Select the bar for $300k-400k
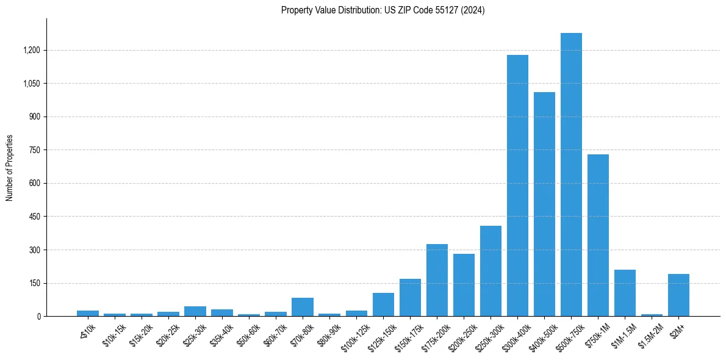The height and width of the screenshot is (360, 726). coord(517,185)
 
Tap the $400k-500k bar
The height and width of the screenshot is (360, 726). coord(544,204)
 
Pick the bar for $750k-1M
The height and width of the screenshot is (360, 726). coord(598,235)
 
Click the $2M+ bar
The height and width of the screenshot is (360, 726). coord(678,295)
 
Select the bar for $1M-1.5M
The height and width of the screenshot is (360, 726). coord(625,293)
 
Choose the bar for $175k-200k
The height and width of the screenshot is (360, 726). coord(437,280)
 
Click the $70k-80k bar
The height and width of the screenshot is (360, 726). coord(303,307)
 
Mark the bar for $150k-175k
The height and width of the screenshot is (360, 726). coord(410,297)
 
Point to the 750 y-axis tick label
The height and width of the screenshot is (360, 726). coord(34,150)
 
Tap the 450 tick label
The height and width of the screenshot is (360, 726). coord(34,217)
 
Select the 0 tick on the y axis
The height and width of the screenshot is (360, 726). coord(39,317)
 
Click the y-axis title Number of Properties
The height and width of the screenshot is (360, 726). coord(9,168)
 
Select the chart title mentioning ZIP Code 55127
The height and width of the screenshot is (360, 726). coord(383,10)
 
